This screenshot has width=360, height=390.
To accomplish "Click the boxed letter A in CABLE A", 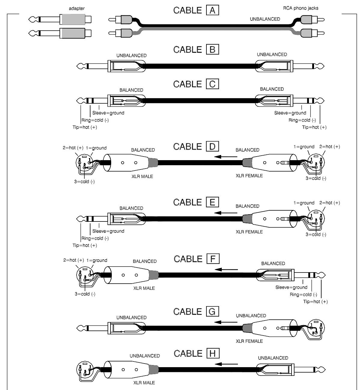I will point(212,11).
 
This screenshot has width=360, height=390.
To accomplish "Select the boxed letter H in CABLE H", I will point(213,354).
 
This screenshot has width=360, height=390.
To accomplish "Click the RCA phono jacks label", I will point(301,8).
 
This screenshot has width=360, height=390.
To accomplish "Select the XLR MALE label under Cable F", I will point(144,288).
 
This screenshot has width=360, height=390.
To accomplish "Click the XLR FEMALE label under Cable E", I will point(249,232).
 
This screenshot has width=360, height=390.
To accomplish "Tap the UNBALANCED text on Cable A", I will point(265,19).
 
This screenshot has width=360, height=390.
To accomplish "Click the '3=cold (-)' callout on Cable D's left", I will point(84,182).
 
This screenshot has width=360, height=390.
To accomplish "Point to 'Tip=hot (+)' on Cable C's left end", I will point(85,127).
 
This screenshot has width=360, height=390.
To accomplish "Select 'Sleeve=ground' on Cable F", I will point(291,287).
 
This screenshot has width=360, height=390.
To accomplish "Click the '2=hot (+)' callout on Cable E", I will point(330,203).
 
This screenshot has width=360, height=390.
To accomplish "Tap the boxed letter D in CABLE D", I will point(212,147).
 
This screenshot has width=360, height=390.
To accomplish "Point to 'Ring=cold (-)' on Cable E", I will point(95,238).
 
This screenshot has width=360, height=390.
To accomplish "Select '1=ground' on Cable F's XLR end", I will point(97,260).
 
